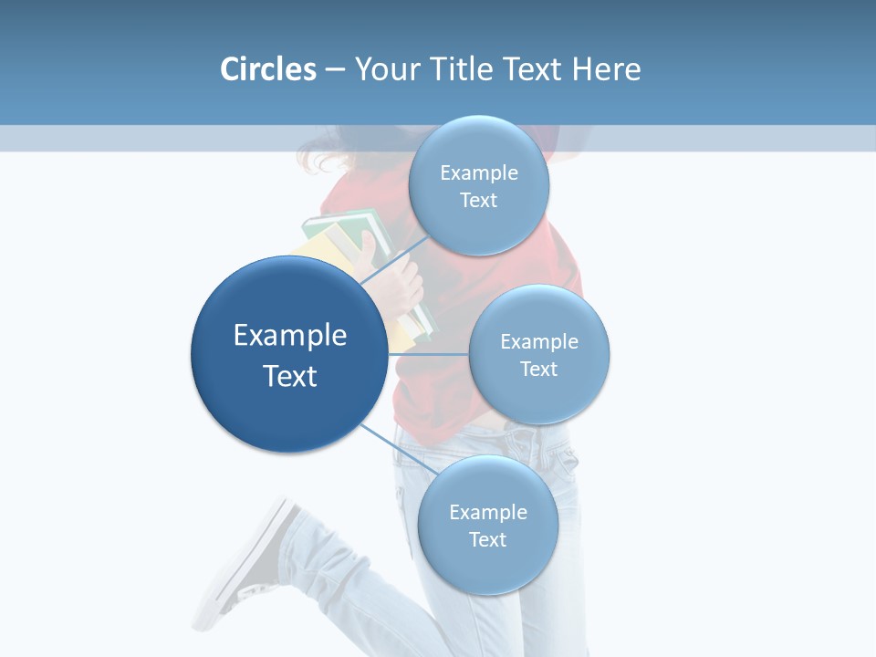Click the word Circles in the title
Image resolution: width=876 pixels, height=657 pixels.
pyautogui.click(x=267, y=69)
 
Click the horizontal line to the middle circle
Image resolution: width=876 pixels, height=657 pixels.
pyautogui.click(x=428, y=354)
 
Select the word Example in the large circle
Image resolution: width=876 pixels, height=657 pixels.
pyautogui.click(x=290, y=336)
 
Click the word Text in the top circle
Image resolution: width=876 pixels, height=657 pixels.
pyautogui.click(x=479, y=201)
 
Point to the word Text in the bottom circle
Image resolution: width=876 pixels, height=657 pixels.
pyautogui.click(x=487, y=540)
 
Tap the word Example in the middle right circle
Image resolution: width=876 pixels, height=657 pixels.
pyautogui.click(x=539, y=341)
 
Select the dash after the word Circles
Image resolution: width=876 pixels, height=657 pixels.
pyautogui.click(x=335, y=70)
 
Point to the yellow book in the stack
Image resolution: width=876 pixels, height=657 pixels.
pyautogui.click(x=315, y=251)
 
